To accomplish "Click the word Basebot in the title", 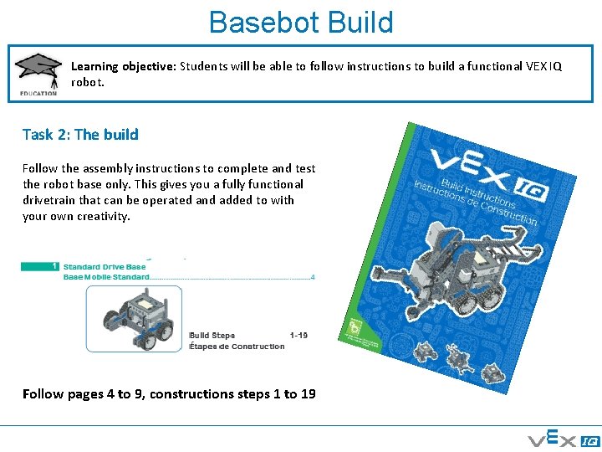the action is pyautogui.click(x=256, y=23).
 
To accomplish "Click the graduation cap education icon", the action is pyautogui.click(x=38, y=73).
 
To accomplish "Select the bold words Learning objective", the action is pyautogui.click(x=122, y=66).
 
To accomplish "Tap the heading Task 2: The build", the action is pyautogui.click(x=80, y=134).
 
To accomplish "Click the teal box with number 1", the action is pyautogui.click(x=38, y=266).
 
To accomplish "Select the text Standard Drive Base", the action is pyautogui.click(x=105, y=267).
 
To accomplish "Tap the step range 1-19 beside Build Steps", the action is pyautogui.click(x=298, y=336).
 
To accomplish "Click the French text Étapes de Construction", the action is pyautogui.click(x=237, y=346).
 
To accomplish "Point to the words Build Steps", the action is pyautogui.click(x=212, y=336).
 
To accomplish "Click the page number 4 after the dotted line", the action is pyautogui.click(x=313, y=276).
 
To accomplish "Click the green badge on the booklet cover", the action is pyautogui.click(x=354, y=327).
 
